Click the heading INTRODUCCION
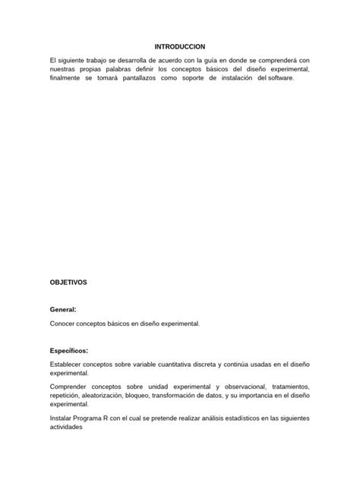[x=179, y=46]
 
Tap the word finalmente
[x=69, y=77]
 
